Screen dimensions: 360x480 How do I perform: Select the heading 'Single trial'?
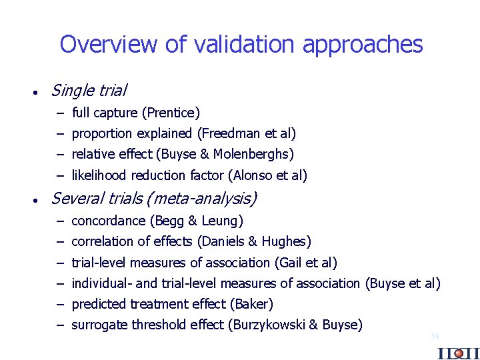tap(89, 89)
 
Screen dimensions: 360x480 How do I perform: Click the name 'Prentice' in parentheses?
tap(175, 113)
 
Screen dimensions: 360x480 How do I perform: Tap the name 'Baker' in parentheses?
tap(251, 304)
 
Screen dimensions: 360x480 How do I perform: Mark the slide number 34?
tap(434, 337)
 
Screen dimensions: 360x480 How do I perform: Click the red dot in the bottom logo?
tap(458, 353)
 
